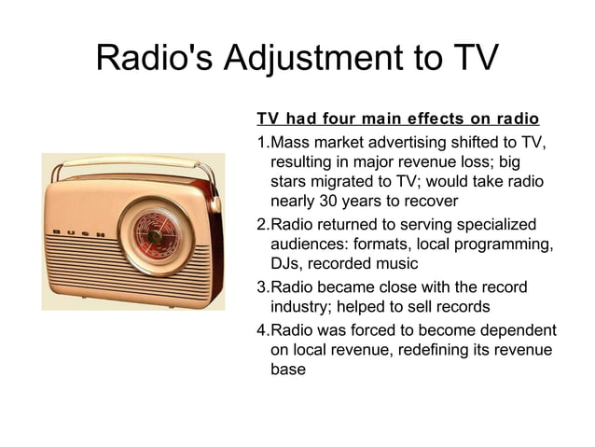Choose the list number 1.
coord(261,142)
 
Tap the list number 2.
coord(261,225)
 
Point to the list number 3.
coord(261,286)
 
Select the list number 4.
coord(261,329)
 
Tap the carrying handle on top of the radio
coord(140,167)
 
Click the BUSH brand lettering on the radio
coord(82,231)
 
